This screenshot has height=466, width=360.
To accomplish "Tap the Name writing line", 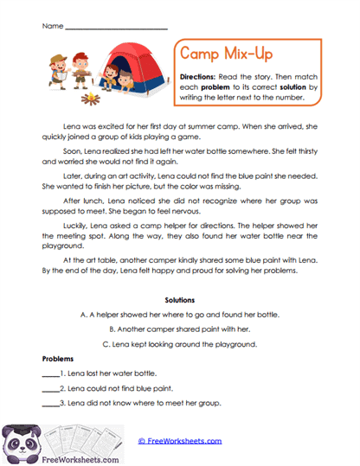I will tap(116, 28).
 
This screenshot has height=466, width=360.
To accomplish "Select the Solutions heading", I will tap(180, 301).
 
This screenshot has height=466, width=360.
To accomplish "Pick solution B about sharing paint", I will tap(180, 329).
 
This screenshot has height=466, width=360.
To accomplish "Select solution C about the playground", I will tap(180, 344).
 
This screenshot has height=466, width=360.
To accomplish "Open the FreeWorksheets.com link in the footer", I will tap(179, 440).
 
